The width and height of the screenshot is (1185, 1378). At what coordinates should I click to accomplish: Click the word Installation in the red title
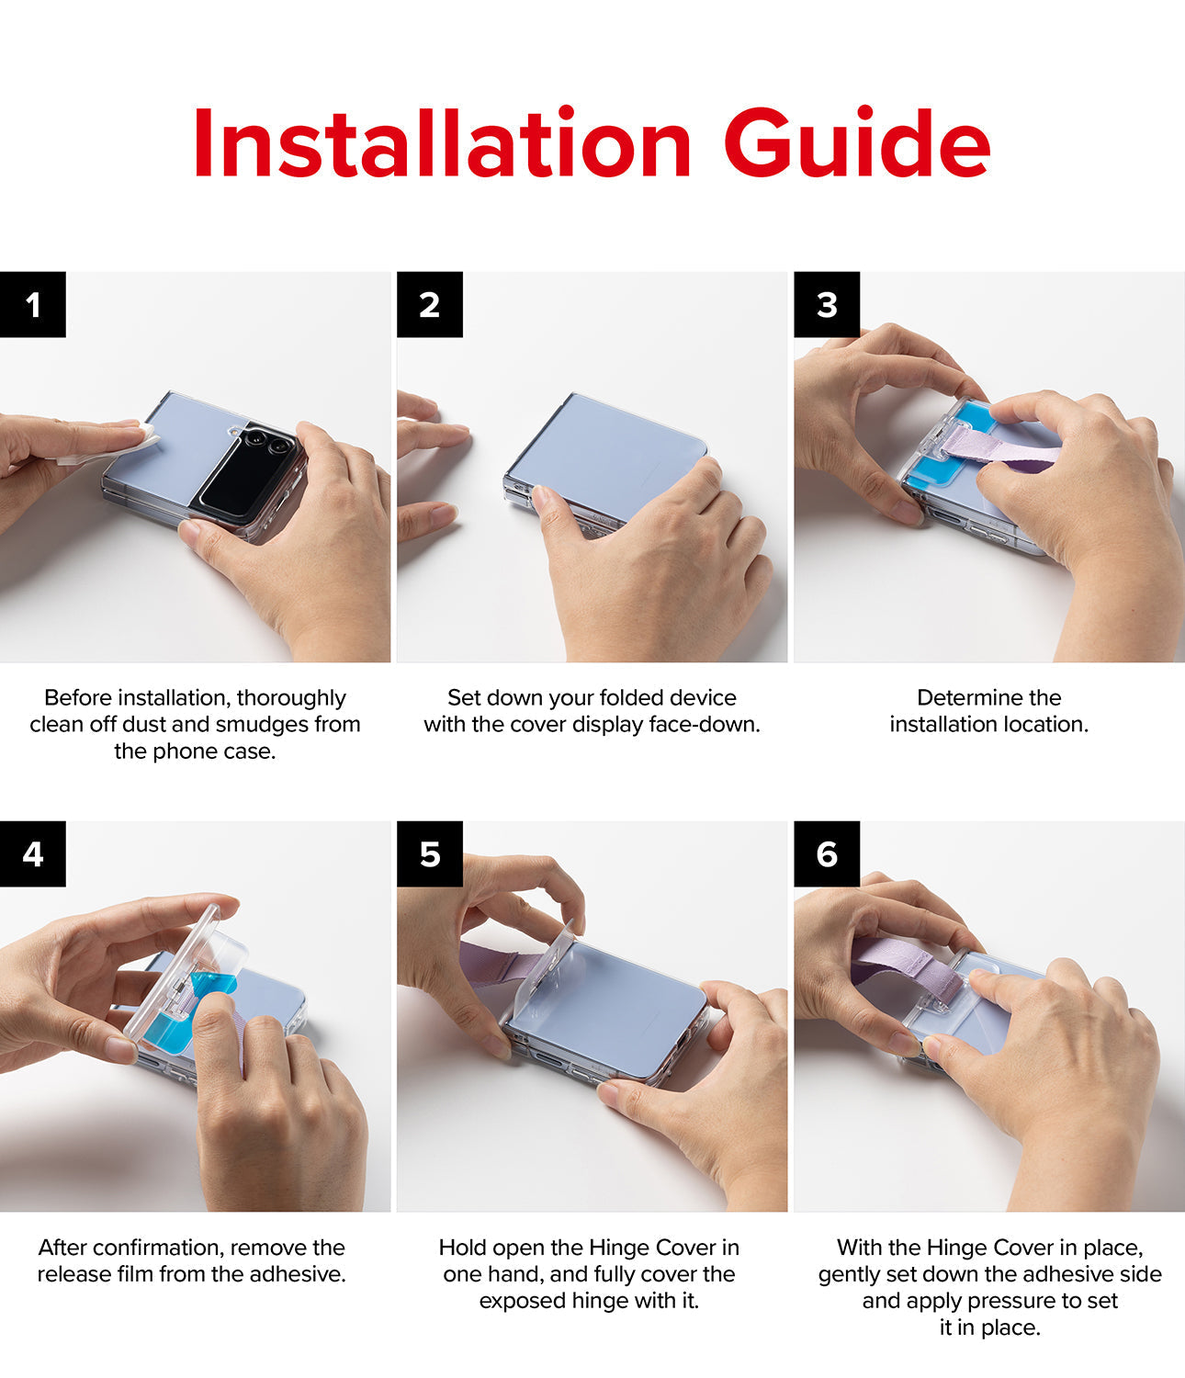pyautogui.click(x=441, y=145)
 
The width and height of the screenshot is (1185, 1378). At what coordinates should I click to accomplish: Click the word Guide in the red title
pyautogui.click(x=856, y=145)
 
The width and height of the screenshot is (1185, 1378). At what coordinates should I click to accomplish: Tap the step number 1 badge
pyautogui.click(x=33, y=305)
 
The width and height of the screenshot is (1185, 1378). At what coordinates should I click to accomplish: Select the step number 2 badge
pyautogui.click(x=429, y=305)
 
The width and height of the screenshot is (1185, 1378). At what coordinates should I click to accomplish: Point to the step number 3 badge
pyautogui.click(x=827, y=305)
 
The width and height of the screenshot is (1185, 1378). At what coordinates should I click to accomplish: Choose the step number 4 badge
pyautogui.click(x=33, y=854)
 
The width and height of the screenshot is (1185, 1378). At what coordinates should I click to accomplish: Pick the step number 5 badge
pyautogui.click(x=429, y=854)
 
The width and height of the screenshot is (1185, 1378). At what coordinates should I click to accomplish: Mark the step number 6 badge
pyautogui.click(x=827, y=854)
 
